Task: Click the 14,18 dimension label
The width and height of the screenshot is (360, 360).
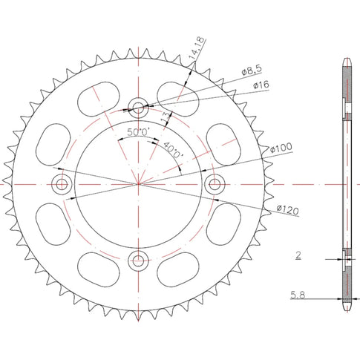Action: pyautogui.click(x=197, y=48)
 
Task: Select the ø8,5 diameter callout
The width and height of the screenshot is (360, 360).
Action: pyautogui.click(x=252, y=70)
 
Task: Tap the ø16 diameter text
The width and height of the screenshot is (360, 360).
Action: pyautogui.click(x=261, y=85)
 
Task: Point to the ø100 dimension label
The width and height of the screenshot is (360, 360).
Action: pyautogui.click(x=281, y=148)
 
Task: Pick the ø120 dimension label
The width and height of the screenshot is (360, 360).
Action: pyautogui.click(x=287, y=210)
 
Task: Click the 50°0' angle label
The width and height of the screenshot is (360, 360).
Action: pyautogui.click(x=139, y=132)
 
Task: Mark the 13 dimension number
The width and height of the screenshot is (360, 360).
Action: pyautogui.click(x=166, y=117)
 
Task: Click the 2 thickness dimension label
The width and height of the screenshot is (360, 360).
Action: pyautogui.click(x=298, y=255)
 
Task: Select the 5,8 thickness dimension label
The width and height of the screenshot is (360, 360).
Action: pyautogui.click(x=298, y=295)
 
